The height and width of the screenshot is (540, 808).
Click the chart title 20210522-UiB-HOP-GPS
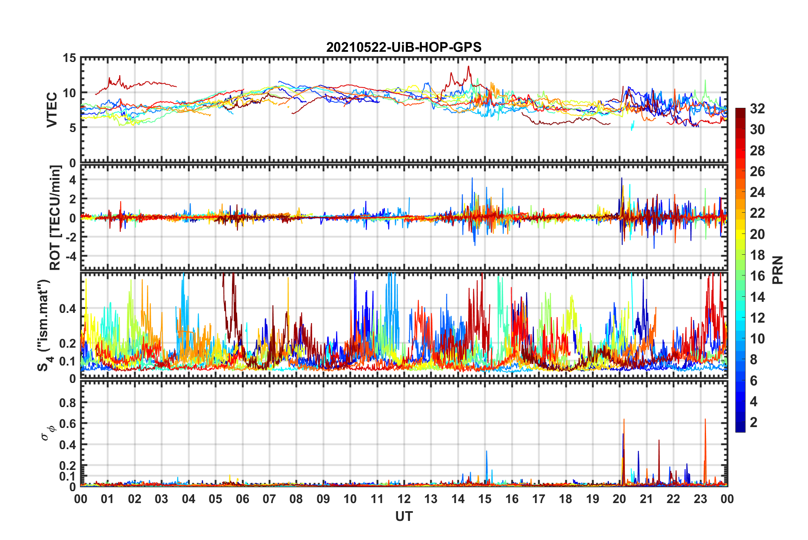[404, 47]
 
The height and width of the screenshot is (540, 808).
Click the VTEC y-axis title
[52, 110]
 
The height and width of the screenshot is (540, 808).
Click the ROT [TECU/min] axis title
[55, 218]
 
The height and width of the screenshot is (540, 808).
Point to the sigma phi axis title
[48, 433]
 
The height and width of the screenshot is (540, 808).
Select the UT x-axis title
[404, 516]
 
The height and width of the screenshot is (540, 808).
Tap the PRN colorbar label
[777, 270]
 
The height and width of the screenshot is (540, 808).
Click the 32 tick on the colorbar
[757, 109]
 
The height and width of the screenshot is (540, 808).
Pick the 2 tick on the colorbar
[754, 422]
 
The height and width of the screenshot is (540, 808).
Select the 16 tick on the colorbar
[757, 276]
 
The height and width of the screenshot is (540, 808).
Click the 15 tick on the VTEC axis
[69, 58]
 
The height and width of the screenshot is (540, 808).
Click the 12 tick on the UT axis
[404, 499]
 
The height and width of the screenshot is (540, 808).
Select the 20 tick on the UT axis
[619, 499]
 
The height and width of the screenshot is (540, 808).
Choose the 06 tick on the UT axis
[242, 499]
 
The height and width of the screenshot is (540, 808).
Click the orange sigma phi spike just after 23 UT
[705, 420]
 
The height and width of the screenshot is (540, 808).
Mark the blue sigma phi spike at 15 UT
[486, 452]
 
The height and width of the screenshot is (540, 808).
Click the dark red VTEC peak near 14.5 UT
[469, 67]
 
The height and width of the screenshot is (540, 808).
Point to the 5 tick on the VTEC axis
[73, 128]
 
